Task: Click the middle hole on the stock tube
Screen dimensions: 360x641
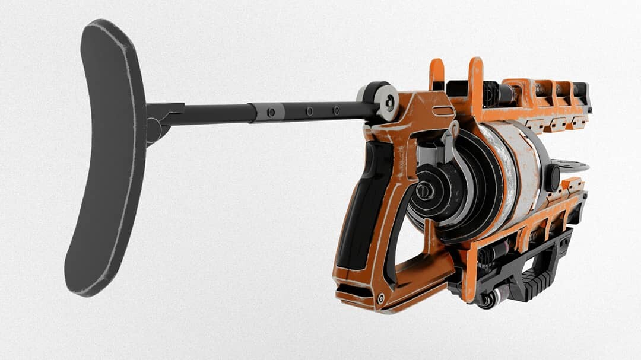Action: (309, 111)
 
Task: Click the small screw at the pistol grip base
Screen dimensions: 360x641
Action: (380, 298)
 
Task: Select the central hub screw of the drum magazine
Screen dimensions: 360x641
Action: (423, 191)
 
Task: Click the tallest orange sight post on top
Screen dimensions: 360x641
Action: (475, 83)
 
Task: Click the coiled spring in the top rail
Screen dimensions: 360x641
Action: (542, 90)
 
